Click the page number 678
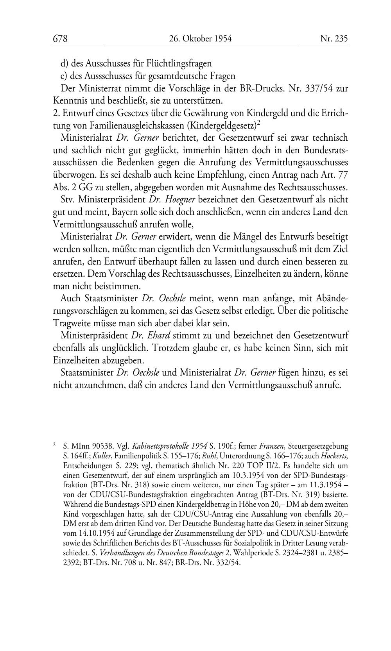(x=61, y=39)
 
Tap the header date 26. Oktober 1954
(x=200, y=39)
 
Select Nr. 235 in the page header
(x=334, y=39)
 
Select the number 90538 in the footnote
(x=96, y=446)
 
